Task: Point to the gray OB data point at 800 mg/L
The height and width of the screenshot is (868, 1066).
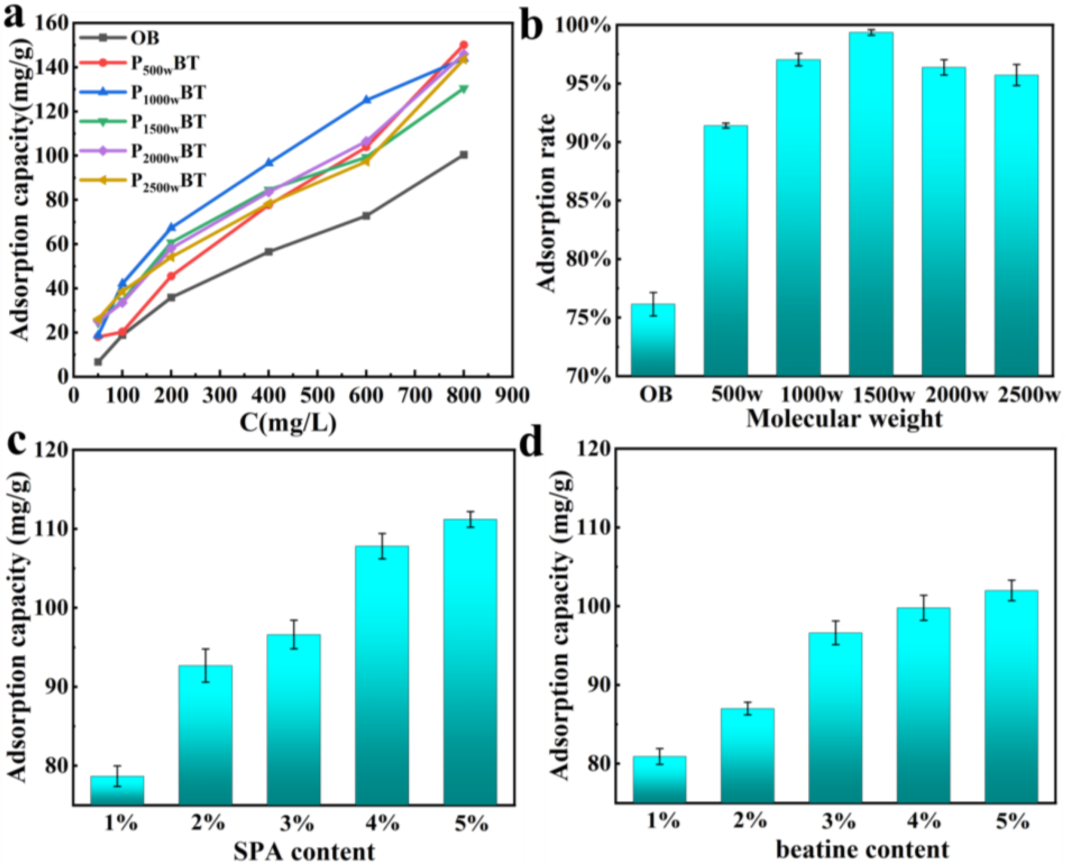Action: (464, 155)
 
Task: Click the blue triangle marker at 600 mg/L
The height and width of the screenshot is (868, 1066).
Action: (366, 99)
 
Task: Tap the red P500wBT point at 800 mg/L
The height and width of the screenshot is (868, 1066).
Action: (464, 45)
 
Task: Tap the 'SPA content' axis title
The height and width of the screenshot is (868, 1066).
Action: (304, 851)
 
